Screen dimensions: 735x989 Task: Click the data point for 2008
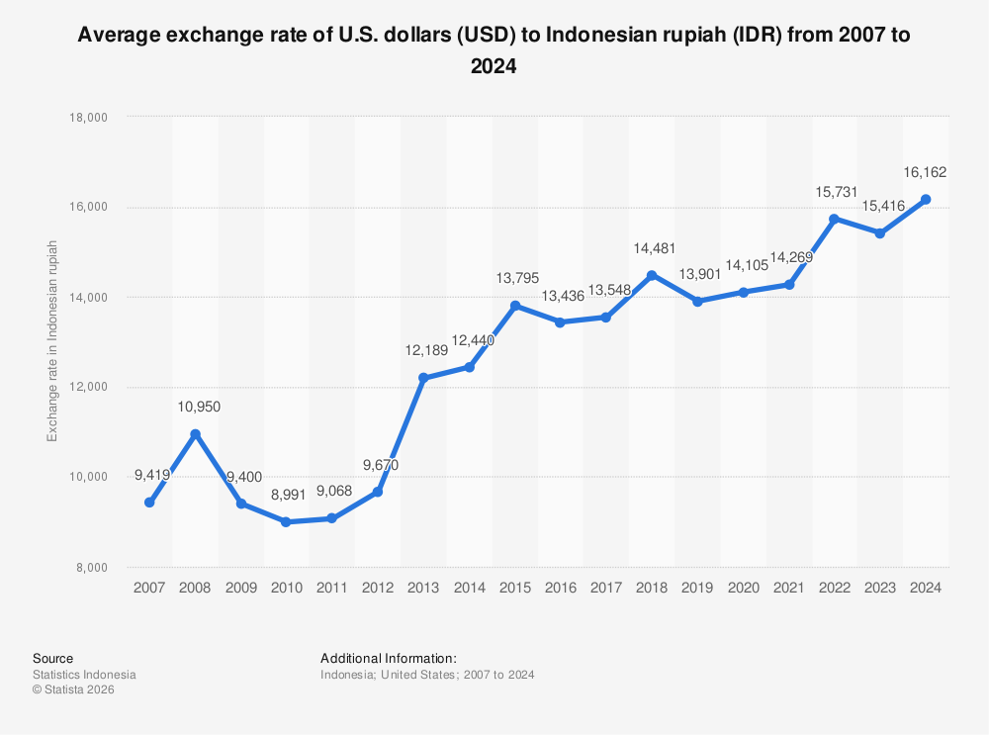click(195, 434)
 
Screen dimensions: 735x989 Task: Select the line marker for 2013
click(423, 378)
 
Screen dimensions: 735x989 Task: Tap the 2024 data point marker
click(926, 199)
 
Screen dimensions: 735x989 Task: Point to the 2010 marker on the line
click(286, 521)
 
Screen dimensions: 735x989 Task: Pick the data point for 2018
click(652, 275)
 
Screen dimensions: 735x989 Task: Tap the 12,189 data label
click(425, 351)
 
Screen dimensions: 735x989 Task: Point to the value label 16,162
click(926, 172)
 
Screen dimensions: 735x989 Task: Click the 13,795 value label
click(516, 278)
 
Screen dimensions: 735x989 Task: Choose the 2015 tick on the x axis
click(514, 587)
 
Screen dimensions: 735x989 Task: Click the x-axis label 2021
click(788, 587)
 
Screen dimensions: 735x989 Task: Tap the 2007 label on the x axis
click(149, 587)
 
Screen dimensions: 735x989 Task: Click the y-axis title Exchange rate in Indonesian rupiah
click(52, 341)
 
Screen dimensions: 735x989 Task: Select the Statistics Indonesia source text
click(84, 675)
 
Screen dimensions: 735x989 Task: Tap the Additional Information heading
click(388, 658)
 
